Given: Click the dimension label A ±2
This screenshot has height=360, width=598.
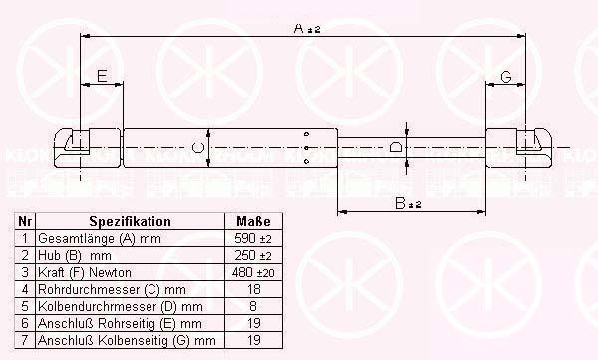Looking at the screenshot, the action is [307, 29].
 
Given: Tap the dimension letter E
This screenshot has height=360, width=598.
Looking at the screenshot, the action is [102, 76].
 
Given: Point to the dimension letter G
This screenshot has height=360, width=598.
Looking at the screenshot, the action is [505, 77].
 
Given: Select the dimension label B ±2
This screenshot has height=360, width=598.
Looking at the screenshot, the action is [408, 203].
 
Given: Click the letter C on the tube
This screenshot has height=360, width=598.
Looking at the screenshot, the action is [197, 148].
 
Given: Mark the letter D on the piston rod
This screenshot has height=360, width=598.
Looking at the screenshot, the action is [395, 147].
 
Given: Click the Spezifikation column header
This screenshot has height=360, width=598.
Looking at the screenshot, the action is [130, 221].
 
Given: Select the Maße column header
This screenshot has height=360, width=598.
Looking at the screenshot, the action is [253, 221].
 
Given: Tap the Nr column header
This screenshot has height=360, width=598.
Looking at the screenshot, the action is [25, 221].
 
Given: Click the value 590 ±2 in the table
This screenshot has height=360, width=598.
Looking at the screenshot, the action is [253, 239].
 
